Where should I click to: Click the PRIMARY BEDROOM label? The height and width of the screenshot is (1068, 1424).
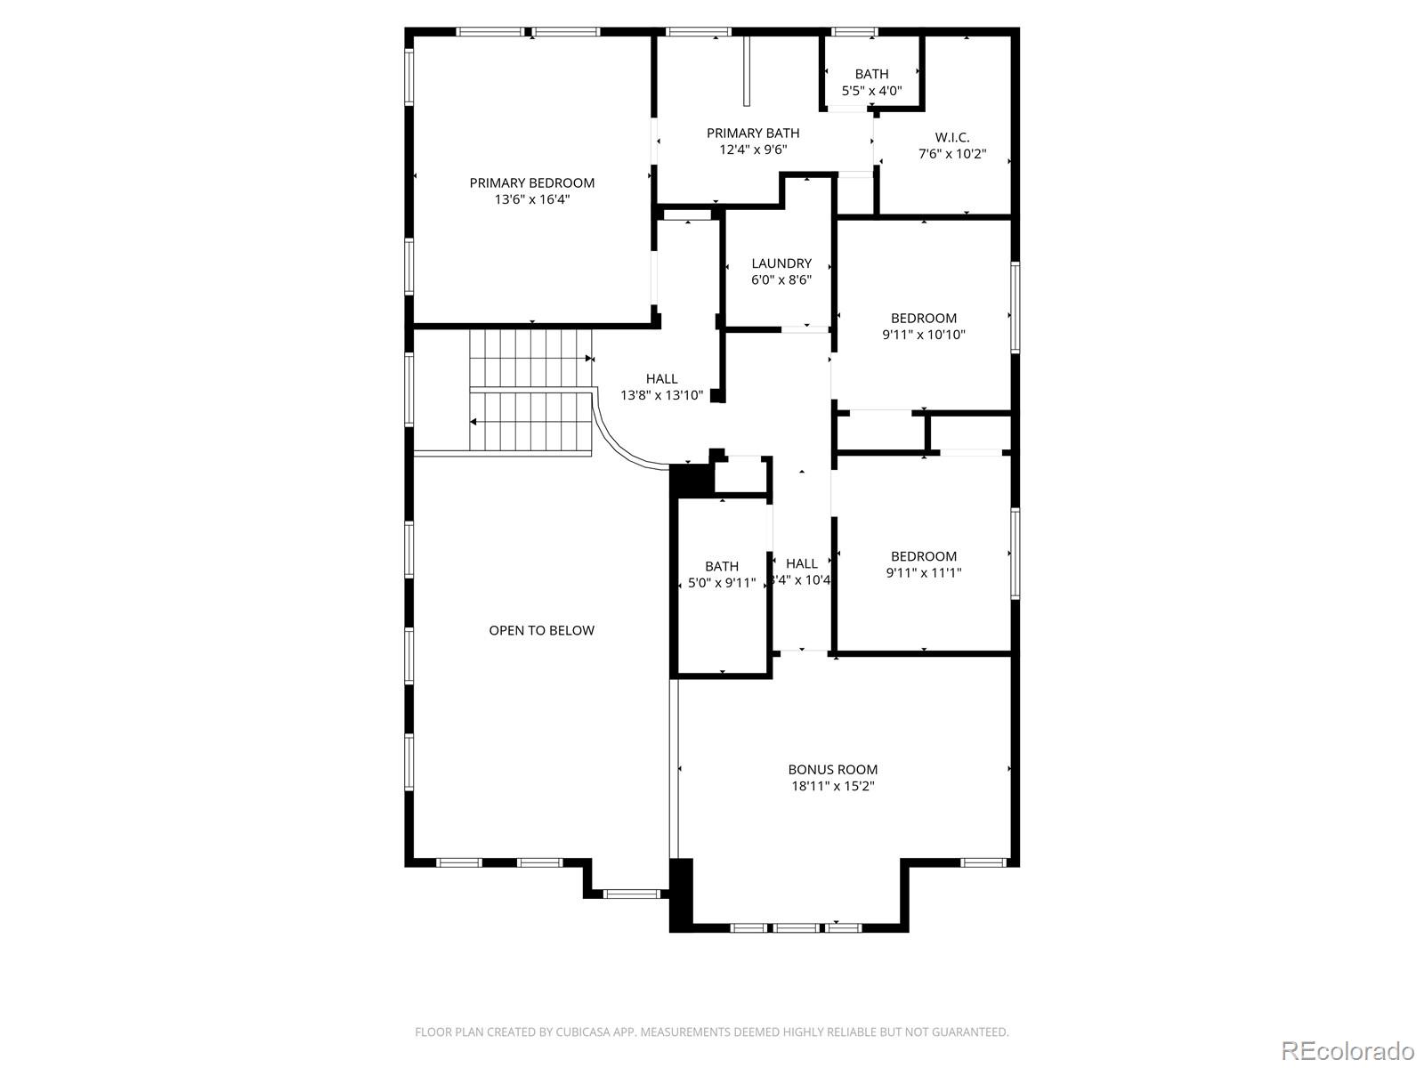pos(531,182)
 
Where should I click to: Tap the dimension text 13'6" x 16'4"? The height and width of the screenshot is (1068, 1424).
pos(531,199)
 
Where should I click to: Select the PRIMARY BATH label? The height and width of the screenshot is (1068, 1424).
pos(753,133)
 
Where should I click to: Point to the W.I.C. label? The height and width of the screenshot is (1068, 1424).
pos(951,137)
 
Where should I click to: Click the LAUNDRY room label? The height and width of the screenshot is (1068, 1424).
pos(781,263)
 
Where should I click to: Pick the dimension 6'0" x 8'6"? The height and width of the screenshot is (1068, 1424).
pos(781,279)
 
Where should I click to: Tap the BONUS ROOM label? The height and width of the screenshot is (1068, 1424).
pos(832,769)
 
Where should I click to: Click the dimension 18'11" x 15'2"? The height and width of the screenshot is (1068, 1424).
pos(832,786)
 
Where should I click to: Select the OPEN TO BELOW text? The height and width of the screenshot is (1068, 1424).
pos(541,630)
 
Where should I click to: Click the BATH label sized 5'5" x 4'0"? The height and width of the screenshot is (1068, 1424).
pos(871,74)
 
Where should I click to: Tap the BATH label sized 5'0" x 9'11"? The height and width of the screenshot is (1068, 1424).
pos(721,566)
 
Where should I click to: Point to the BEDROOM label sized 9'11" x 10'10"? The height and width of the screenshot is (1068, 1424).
pos(924,318)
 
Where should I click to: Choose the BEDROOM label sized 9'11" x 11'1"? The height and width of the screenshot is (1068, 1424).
pos(924,556)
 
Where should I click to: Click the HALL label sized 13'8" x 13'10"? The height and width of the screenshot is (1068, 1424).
pos(661,378)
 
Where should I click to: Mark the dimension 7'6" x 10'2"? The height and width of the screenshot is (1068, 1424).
pos(951,153)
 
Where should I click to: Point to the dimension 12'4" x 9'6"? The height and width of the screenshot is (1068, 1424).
pos(753,150)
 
